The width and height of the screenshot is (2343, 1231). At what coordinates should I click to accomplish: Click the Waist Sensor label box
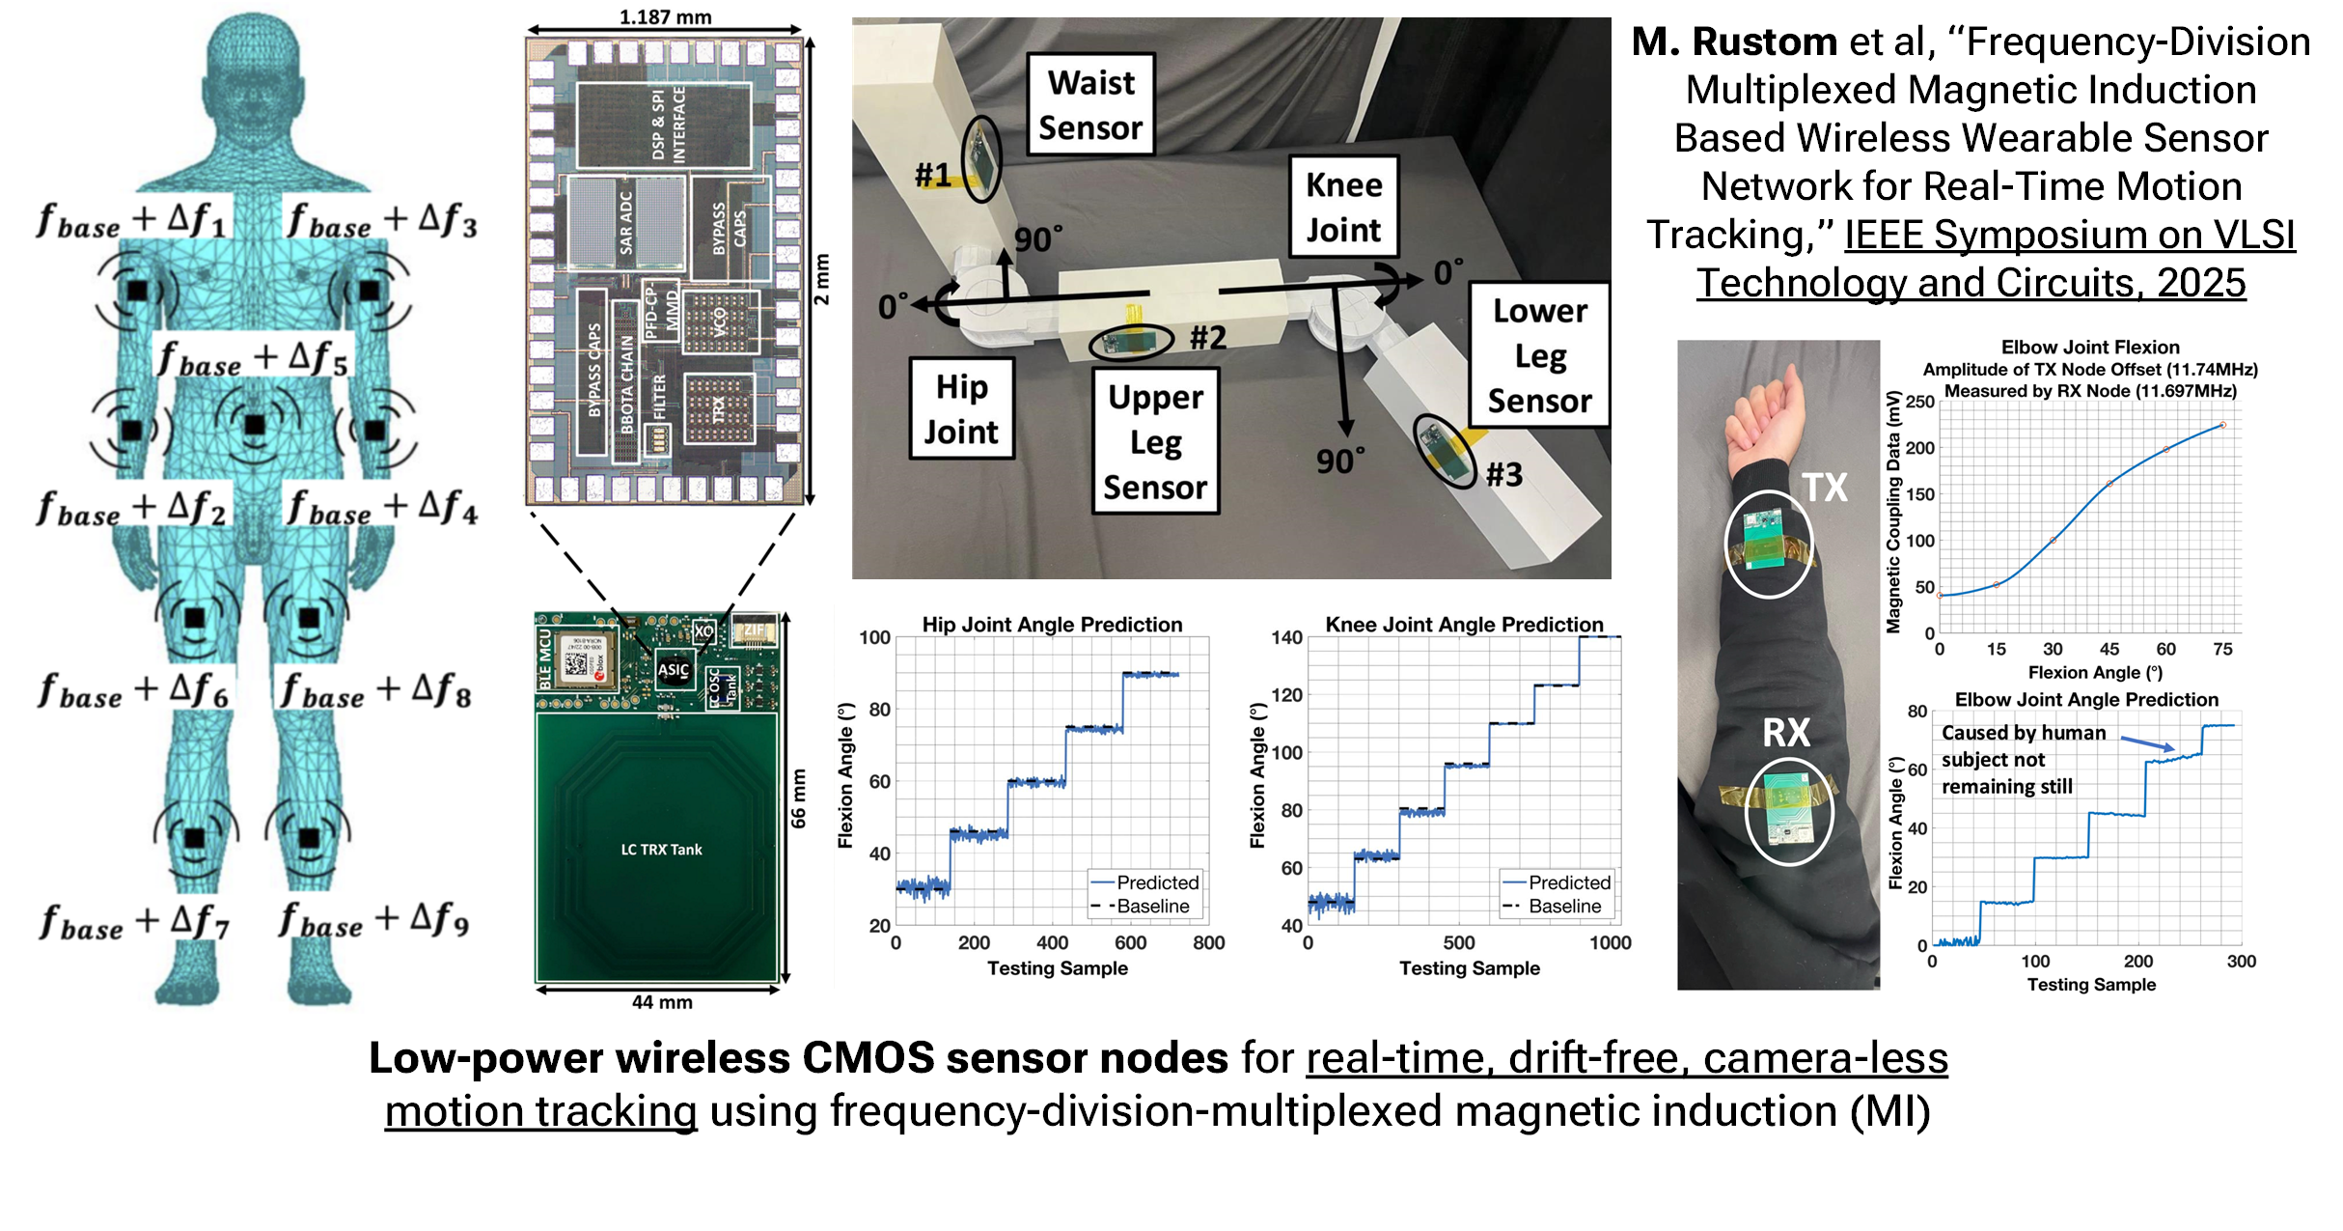[x=1090, y=104]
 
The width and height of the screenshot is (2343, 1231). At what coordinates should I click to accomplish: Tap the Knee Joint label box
[x=1343, y=207]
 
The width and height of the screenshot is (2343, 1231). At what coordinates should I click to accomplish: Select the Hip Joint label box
[x=961, y=408]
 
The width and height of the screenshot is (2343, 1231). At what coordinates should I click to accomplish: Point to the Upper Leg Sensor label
[x=1155, y=441]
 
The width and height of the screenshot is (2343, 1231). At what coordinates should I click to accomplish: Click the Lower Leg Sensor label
[x=1539, y=354]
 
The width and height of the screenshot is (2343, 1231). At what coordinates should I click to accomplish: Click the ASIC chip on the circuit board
[x=674, y=669]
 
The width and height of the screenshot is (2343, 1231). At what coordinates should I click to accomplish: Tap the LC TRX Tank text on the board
[x=661, y=850]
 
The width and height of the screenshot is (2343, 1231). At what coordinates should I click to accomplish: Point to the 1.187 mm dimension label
[x=665, y=16]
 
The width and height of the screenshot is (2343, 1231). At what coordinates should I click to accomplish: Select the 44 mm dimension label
[x=662, y=1002]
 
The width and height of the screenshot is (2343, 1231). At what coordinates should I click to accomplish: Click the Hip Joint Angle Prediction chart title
[x=1052, y=624]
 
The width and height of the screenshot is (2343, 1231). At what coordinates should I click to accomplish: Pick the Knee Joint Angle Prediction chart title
[x=1464, y=624]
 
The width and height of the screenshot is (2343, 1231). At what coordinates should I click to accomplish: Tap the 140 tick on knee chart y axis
[x=1286, y=637]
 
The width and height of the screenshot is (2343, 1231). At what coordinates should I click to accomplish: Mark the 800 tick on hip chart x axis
[x=1208, y=943]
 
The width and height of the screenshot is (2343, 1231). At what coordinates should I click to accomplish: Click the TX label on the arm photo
[x=1824, y=488]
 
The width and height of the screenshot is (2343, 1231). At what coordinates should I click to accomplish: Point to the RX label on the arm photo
[x=1786, y=733]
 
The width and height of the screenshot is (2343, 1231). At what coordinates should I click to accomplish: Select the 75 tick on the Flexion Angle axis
[x=2222, y=650]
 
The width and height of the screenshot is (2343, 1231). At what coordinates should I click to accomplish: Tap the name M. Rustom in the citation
[x=1733, y=42]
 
